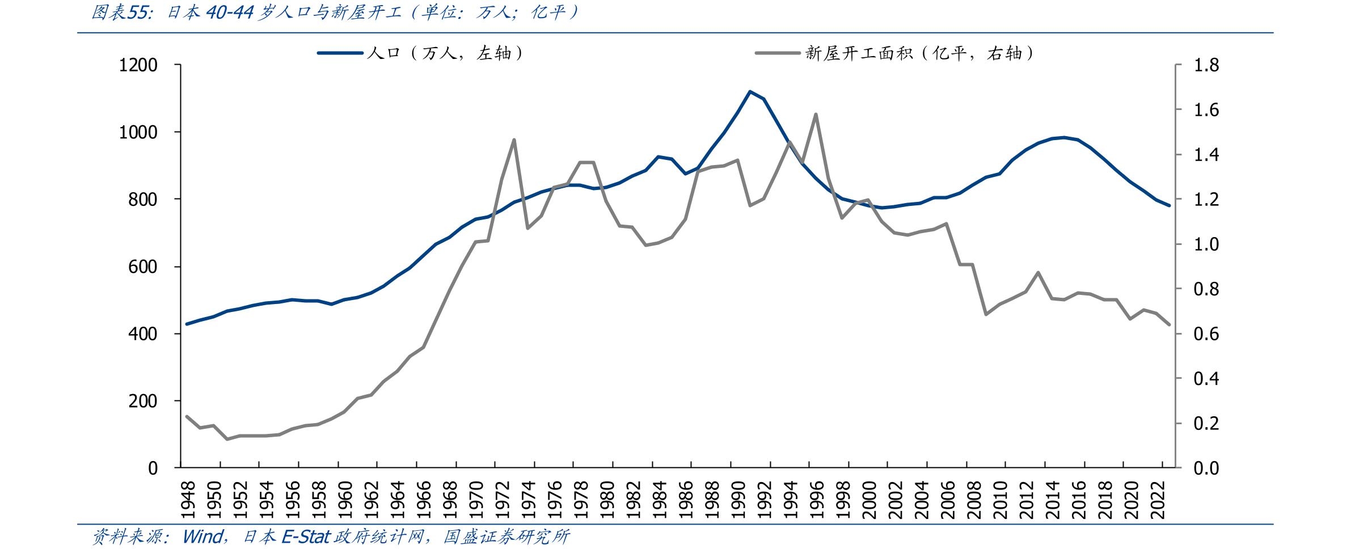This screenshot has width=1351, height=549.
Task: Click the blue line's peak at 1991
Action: [x=750, y=91]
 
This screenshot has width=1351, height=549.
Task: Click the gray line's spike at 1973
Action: [x=514, y=140]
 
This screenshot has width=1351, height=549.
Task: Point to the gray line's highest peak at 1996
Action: [x=816, y=114]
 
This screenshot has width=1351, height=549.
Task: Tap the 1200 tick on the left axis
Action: [x=138, y=66]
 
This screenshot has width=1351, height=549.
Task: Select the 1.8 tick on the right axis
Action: [x=1206, y=66]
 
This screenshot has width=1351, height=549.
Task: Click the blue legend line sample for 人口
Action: [x=340, y=53]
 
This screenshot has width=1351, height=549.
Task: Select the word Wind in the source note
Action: [x=202, y=537]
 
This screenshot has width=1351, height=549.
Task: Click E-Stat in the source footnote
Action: [x=306, y=537]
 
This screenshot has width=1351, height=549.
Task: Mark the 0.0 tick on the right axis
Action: [x=1206, y=468]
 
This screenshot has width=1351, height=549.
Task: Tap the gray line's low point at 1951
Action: [x=227, y=439]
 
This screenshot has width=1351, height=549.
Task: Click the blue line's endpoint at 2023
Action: [x=1169, y=205]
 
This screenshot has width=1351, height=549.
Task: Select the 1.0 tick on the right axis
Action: [x=1206, y=244]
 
